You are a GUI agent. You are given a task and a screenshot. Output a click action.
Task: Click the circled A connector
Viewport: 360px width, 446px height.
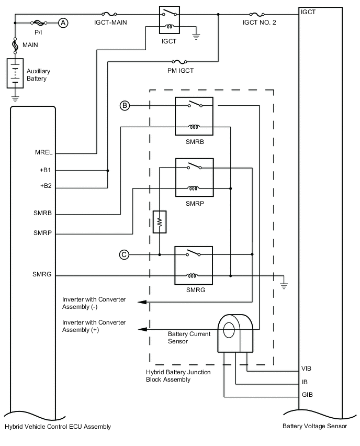click(x=63, y=23)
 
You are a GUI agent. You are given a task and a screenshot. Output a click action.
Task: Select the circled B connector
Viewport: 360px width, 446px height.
click(x=125, y=106)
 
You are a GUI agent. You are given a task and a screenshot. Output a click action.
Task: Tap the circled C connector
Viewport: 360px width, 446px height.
click(x=124, y=254)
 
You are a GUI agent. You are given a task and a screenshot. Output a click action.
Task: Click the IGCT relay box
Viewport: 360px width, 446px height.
click(x=169, y=19)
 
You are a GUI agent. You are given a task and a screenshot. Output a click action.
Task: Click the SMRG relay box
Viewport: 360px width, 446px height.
click(x=194, y=265)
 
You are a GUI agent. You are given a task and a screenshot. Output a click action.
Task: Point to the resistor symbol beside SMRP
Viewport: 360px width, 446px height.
click(x=159, y=221)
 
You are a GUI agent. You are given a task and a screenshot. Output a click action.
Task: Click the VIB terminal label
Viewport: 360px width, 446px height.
click(x=307, y=368)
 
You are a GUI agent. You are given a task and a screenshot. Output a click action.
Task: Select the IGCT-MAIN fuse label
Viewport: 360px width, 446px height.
click(x=110, y=23)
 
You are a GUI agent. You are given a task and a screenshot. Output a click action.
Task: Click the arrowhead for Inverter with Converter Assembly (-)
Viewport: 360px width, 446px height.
click(x=141, y=302)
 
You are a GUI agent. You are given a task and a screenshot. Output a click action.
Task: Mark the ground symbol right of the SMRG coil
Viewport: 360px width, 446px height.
click(x=284, y=285)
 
